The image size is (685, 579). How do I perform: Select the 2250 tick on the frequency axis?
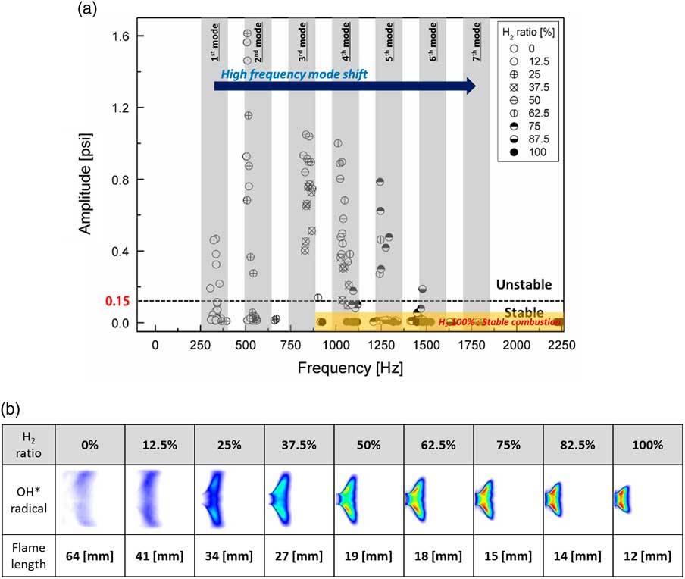point(561,345)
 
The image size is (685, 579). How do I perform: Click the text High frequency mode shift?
point(284,74)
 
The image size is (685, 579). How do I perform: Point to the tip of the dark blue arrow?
point(475,86)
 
